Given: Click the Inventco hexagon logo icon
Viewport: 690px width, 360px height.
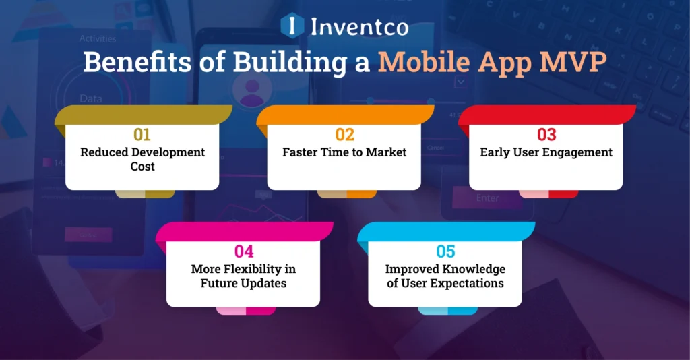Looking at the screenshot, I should click(x=291, y=25).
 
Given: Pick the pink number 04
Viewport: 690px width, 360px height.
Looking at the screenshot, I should click(x=243, y=251).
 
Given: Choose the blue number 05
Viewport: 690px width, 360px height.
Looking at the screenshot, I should click(x=445, y=251).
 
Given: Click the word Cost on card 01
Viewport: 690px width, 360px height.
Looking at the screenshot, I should click(x=142, y=167).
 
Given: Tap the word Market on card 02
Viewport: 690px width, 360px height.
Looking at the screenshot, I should click(x=386, y=152).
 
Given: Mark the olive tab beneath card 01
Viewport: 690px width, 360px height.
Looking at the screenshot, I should click(x=145, y=193).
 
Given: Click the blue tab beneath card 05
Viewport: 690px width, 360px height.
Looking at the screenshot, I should click(x=448, y=310).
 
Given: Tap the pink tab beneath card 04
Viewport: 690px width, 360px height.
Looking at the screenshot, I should click(x=246, y=310).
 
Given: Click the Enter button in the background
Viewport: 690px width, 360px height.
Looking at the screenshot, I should click(x=487, y=198).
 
